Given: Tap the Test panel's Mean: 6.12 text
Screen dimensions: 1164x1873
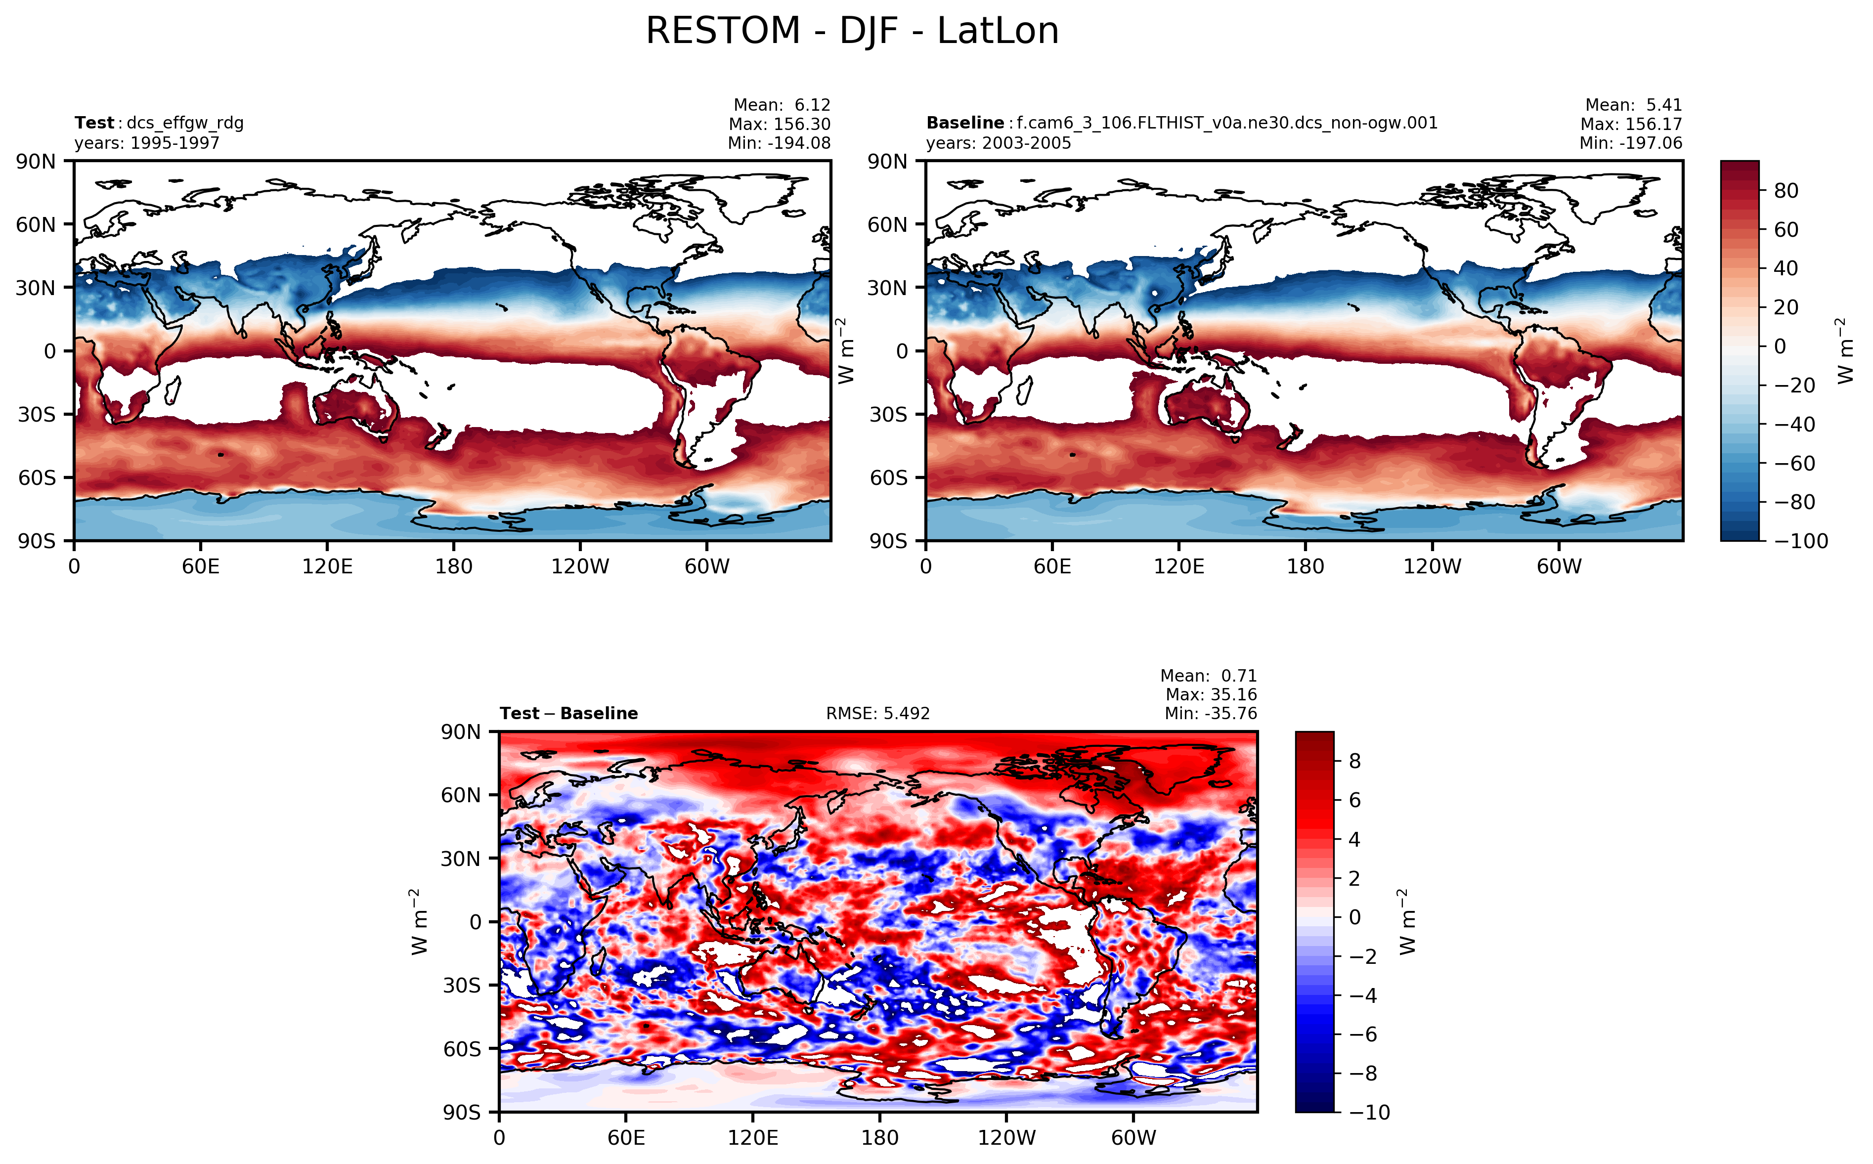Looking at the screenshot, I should tap(782, 105).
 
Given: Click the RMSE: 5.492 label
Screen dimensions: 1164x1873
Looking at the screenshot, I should tap(877, 714).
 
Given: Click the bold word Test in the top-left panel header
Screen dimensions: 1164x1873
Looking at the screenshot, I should tap(94, 123).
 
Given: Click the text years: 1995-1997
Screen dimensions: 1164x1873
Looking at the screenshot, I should tap(146, 143).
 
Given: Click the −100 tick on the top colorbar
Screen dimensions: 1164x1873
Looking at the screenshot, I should tap(1801, 541).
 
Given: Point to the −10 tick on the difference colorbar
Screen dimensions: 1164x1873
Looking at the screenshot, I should tap(1370, 1113).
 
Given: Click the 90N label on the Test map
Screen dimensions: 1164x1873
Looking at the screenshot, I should tap(36, 162).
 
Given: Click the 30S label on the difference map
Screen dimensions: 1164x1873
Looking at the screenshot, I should tap(461, 986).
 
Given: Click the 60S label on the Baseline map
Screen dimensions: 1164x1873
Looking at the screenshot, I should tap(888, 478).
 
